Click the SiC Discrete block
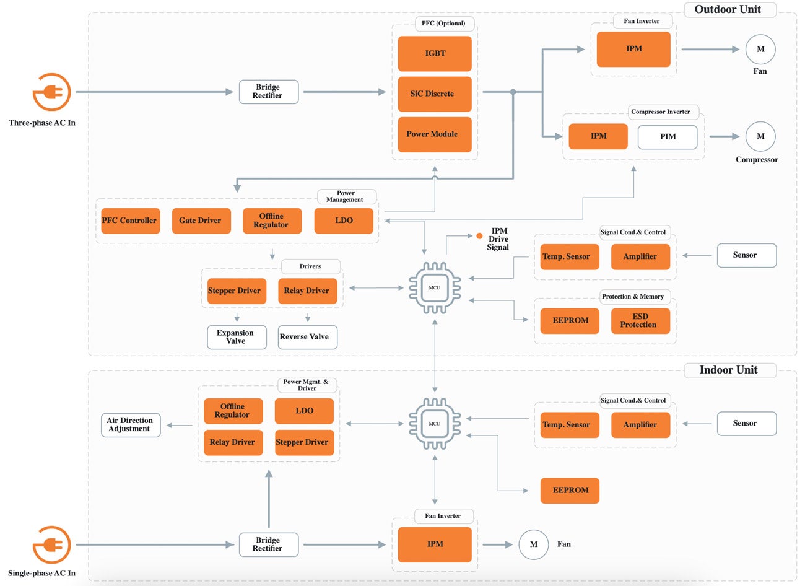point(434,94)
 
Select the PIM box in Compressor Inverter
point(667,137)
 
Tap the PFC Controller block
point(130,221)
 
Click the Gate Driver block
point(201,221)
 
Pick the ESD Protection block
point(640,321)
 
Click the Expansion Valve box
point(237,337)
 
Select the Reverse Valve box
point(307,337)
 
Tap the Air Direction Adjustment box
point(130,425)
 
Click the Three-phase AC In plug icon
point(52,92)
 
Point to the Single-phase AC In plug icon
point(52,544)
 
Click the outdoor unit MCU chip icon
point(435,288)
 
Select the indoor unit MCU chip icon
point(435,424)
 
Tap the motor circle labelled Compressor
point(760,137)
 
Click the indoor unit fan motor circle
point(533,544)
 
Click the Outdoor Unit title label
point(729,9)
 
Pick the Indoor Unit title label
point(729,370)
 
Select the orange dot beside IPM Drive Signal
point(479,236)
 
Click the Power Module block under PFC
point(434,134)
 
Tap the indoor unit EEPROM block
point(569,490)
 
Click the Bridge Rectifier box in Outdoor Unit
point(269,92)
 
